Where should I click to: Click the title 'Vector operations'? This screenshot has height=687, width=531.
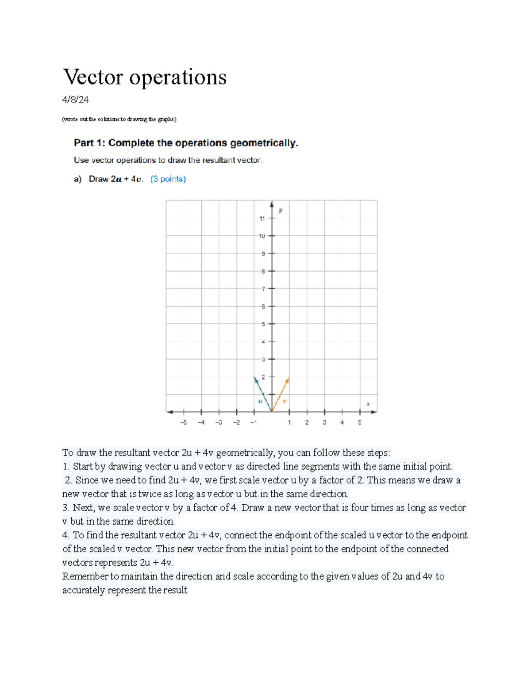[145, 77]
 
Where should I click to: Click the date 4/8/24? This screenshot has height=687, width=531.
[75, 100]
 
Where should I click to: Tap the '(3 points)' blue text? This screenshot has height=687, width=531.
[168, 179]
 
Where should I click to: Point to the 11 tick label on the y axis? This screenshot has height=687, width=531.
[262, 219]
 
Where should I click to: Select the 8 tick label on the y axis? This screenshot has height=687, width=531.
[263, 272]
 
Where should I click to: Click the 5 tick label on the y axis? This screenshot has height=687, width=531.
[263, 324]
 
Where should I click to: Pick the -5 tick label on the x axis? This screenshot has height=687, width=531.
[184, 422]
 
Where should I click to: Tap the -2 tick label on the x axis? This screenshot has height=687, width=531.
[236, 422]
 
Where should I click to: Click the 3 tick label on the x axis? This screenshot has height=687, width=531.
[324, 422]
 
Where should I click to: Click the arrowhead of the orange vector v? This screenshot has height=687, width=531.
[288, 380]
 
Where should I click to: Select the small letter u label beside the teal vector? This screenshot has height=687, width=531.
[260, 401]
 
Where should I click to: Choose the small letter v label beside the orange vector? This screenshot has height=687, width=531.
[285, 401]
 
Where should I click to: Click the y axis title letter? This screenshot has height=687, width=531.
[281, 210]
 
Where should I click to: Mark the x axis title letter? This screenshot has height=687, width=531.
[368, 404]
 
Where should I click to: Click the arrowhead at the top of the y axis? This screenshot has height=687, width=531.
[272, 203]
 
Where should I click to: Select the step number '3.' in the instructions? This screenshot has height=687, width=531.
[65, 508]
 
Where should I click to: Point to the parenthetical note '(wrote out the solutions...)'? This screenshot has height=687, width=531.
[119, 119]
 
